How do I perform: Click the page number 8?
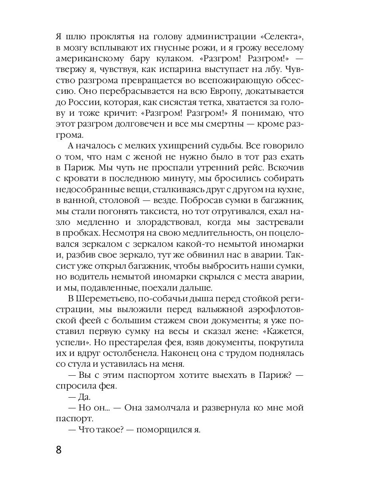coord(59,449)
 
